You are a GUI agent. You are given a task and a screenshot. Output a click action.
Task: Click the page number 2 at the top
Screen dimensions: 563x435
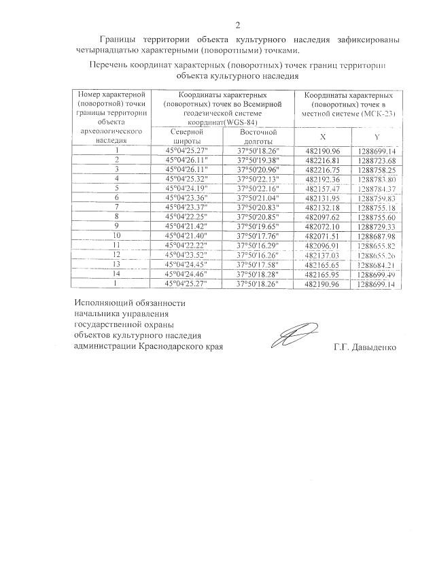tap(237, 26)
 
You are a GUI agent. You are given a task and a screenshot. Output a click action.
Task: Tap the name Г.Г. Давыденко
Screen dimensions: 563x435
tap(365, 345)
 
